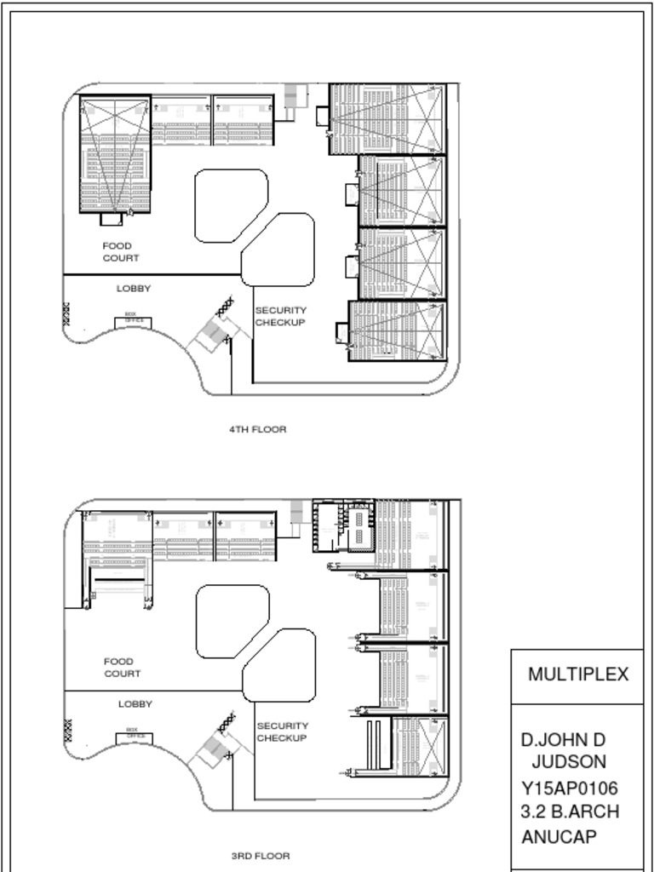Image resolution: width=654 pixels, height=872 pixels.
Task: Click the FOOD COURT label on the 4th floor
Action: pyautogui.click(x=121, y=252)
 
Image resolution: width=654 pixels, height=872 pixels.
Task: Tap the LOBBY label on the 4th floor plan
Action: pyautogui.click(x=134, y=289)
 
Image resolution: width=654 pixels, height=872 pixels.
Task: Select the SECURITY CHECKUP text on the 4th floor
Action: pyautogui.click(x=280, y=317)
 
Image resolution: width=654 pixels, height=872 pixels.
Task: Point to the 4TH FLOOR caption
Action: pyautogui.click(x=257, y=430)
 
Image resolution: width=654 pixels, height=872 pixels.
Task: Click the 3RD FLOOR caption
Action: pyautogui.click(x=261, y=856)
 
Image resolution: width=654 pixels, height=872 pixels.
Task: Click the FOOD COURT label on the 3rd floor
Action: pyautogui.click(x=123, y=668)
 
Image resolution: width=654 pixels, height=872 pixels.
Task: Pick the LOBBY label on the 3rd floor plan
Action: pyautogui.click(x=135, y=704)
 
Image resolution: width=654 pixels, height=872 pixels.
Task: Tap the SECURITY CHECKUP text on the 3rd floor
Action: pyautogui.click(x=282, y=732)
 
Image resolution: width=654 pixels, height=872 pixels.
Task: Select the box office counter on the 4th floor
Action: pyautogui.click(x=134, y=321)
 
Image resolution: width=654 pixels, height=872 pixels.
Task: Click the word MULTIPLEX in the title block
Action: pyautogui.click(x=578, y=675)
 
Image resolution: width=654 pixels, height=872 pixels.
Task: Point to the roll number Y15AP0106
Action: pyautogui.click(x=570, y=788)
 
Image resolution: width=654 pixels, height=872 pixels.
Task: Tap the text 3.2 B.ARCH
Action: pyautogui.click(x=570, y=812)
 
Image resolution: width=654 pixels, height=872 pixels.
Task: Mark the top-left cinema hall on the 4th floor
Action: pyautogui.click(x=115, y=154)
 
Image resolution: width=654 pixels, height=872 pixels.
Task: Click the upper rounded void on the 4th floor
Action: pyautogui.click(x=231, y=205)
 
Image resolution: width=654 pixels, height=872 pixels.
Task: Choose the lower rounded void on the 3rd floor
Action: pyautogui.click(x=279, y=665)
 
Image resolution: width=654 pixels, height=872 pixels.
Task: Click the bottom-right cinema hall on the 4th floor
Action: pyautogui.click(x=397, y=331)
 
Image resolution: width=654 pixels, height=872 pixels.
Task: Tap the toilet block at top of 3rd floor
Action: pyautogui.click(x=343, y=526)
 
